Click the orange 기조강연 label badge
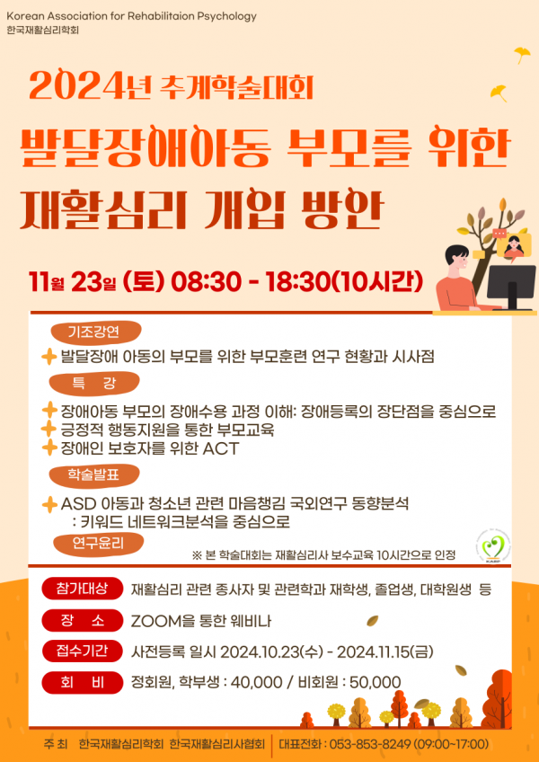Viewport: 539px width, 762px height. (x=96, y=332)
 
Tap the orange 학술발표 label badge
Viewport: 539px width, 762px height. (x=96, y=475)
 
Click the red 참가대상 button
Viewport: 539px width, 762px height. (x=82, y=589)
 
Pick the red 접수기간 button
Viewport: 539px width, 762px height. (x=82, y=651)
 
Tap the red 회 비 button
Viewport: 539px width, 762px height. (x=82, y=682)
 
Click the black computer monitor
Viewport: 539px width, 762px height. (x=512, y=287)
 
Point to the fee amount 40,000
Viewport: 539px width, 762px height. (x=256, y=682)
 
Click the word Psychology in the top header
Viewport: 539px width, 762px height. (x=226, y=16)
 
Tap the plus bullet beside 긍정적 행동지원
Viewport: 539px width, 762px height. (x=49, y=430)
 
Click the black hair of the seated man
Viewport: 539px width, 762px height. (x=456, y=253)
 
